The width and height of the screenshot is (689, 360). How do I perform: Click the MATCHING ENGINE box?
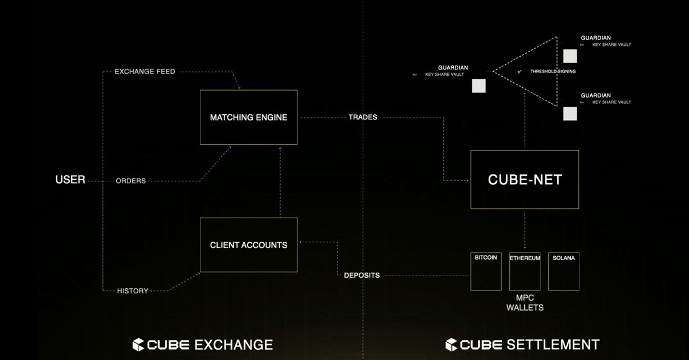(248, 117)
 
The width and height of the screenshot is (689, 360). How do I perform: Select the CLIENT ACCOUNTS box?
(248, 245)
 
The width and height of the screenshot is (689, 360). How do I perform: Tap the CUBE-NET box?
(524, 180)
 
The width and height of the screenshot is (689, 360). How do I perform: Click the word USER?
(70, 180)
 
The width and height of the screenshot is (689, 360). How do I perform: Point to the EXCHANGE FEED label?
(145, 72)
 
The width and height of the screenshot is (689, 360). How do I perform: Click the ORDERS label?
(130, 181)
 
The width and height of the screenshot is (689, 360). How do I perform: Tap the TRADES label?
(363, 117)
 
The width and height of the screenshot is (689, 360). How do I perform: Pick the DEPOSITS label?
(362, 276)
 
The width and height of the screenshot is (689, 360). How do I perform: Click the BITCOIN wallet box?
(486, 271)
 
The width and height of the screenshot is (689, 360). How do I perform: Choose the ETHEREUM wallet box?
(525, 271)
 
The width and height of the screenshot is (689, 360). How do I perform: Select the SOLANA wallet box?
(563, 271)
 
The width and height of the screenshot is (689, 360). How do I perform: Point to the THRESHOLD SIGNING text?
(553, 71)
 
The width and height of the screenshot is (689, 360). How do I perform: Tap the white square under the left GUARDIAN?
(479, 86)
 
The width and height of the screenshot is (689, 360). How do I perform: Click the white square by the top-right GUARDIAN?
(570, 56)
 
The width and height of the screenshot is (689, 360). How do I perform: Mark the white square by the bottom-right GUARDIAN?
(570, 114)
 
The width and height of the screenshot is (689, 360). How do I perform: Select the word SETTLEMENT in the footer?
(553, 344)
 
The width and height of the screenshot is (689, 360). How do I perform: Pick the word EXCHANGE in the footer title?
(234, 344)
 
